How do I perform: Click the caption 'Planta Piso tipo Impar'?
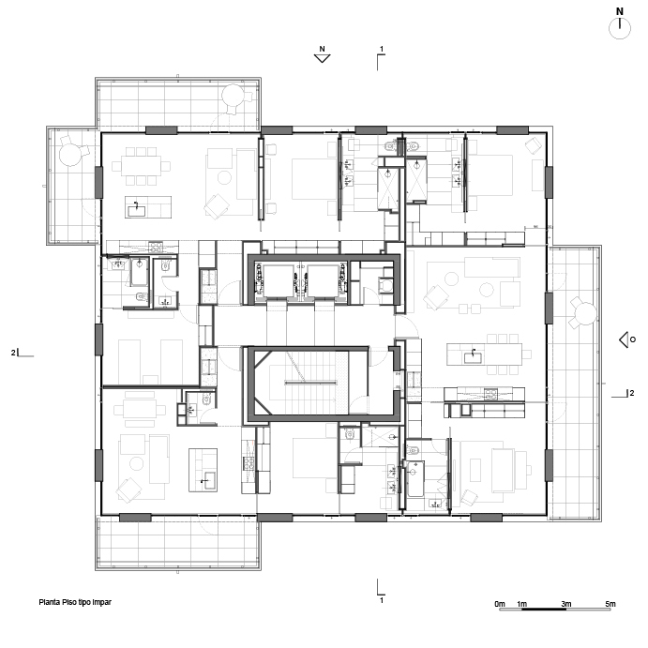[75, 602]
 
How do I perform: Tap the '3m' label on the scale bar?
[566, 604]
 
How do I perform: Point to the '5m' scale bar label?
[610, 604]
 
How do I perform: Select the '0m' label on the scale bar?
[500, 604]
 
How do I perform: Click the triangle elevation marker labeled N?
[322, 59]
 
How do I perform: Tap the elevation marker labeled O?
[624, 340]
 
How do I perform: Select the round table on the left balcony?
[70, 154]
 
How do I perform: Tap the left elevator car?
[279, 281]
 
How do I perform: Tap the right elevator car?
[323, 281]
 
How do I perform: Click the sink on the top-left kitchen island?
[136, 209]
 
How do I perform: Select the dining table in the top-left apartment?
[141, 166]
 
